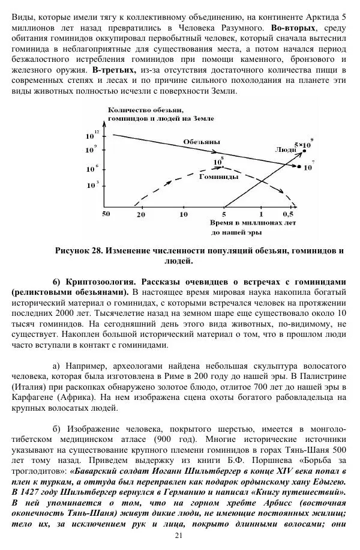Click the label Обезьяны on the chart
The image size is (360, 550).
pos(201,142)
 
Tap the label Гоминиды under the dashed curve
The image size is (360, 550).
pos(218,177)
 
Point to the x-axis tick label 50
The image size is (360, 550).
pos(106,214)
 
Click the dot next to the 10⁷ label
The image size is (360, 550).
pos(299,166)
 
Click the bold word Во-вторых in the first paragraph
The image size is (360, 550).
pos(291,28)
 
